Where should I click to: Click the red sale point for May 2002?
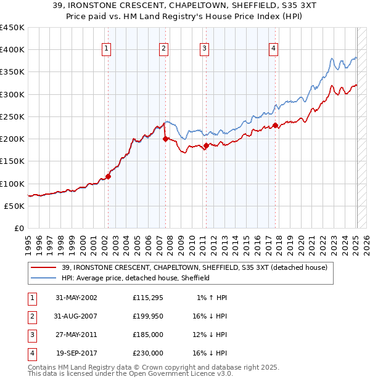(x=108, y=176)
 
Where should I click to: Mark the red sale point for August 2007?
(x=165, y=139)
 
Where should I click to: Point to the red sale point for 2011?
(x=206, y=145)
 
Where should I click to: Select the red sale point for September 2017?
(x=275, y=126)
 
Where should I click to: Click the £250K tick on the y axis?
(x=12, y=116)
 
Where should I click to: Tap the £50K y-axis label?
(x=14, y=206)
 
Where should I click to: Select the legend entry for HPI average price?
(x=136, y=278)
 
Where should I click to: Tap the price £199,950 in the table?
(x=147, y=316)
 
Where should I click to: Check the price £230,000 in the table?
(x=147, y=353)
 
